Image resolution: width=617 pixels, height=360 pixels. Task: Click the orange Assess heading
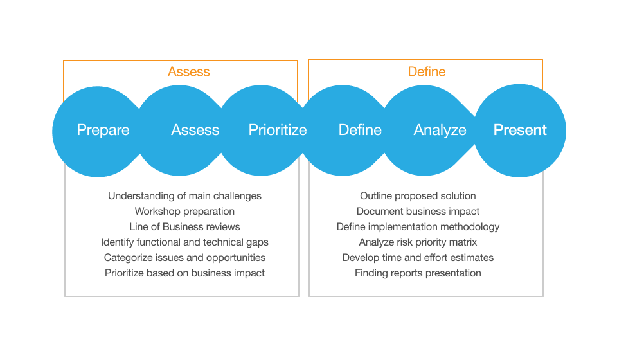click(x=189, y=71)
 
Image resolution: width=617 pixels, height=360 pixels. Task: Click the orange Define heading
click(x=427, y=71)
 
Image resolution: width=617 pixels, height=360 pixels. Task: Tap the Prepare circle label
click(x=103, y=130)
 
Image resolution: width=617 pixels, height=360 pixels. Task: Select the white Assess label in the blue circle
click(x=195, y=130)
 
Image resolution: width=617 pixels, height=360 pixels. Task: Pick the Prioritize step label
click(x=278, y=130)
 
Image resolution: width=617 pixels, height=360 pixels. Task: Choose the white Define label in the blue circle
click(x=360, y=130)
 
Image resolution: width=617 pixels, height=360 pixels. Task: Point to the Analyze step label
click(x=440, y=130)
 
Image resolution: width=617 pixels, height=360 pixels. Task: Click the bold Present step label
click(x=520, y=130)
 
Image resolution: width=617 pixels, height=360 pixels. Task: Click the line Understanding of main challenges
click(x=184, y=195)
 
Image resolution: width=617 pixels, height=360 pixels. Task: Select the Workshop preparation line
click(x=184, y=211)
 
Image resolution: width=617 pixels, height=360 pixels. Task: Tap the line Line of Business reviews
click(x=184, y=226)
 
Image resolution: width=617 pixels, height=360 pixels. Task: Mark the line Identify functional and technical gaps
click(x=184, y=242)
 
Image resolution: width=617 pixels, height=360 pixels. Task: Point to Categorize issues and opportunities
click(x=184, y=257)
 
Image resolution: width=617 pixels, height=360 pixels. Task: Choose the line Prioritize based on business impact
click(x=184, y=273)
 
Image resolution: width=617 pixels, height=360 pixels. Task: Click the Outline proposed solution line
click(x=418, y=195)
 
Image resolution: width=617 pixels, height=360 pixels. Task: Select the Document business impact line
click(x=418, y=211)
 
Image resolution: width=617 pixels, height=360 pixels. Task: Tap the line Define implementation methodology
click(x=418, y=226)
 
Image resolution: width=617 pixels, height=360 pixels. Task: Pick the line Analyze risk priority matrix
click(x=418, y=242)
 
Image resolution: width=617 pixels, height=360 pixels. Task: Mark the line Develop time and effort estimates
click(x=418, y=257)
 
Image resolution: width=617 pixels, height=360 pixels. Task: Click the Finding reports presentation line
click(x=418, y=273)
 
